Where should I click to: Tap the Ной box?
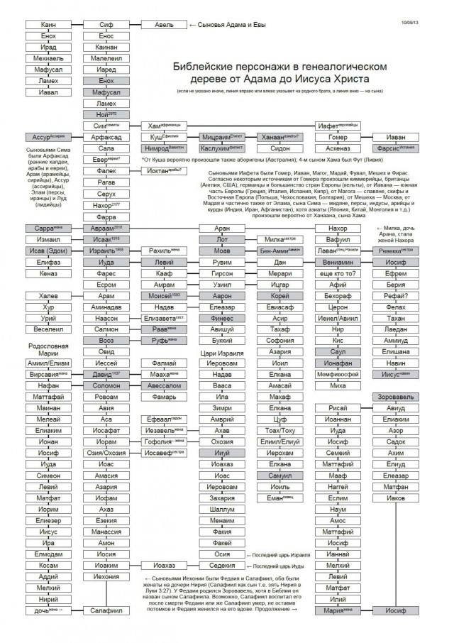[106, 115]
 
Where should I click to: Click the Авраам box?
[106, 229]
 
